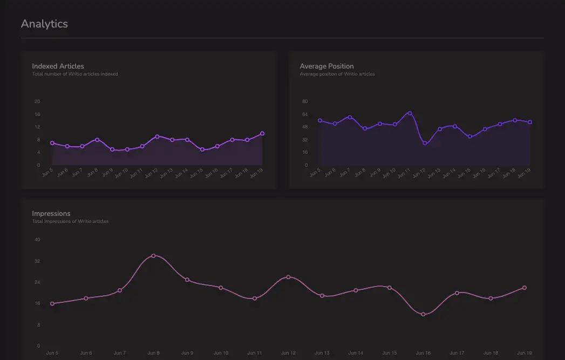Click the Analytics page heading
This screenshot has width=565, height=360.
point(44,24)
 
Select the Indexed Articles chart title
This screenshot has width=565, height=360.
point(58,66)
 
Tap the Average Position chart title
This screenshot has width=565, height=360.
point(326,66)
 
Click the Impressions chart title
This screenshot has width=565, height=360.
point(51,214)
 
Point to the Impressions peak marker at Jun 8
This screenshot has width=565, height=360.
point(153,256)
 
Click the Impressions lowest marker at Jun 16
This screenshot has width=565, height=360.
point(423,314)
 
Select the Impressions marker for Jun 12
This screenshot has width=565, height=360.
point(288,277)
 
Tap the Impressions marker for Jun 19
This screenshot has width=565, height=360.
point(524,288)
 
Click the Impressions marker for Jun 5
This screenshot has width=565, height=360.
point(52,303)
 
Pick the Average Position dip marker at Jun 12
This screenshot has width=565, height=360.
point(425,143)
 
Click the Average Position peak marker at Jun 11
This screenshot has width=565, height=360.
point(410,113)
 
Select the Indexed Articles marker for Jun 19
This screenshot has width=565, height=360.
point(262,133)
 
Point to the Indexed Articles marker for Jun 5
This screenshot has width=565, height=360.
point(52,143)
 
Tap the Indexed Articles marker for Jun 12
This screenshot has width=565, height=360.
point(157,137)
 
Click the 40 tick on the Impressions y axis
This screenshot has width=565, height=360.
point(37,240)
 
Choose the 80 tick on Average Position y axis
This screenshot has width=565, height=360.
point(305,101)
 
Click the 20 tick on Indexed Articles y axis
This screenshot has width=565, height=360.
point(37,101)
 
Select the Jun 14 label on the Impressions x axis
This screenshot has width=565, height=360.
point(356,353)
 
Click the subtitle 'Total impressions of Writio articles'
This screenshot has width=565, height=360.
point(70,221)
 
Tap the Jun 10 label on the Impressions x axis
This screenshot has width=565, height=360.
point(221,353)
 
